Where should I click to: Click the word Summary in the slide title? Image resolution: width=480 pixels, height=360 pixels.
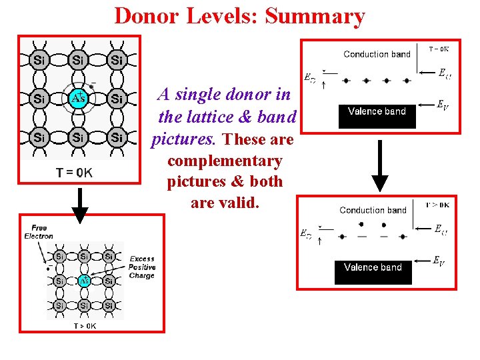click(315, 15)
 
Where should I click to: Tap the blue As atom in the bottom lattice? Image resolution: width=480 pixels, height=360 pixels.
click(85, 281)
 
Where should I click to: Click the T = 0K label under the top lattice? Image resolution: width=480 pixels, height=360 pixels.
click(75, 173)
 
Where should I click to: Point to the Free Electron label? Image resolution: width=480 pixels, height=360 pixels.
click(39, 232)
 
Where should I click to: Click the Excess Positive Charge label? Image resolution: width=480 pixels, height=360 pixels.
click(141, 267)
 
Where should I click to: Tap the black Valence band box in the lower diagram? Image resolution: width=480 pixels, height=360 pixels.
click(373, 271)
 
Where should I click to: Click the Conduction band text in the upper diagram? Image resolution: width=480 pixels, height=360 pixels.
click(377, 54)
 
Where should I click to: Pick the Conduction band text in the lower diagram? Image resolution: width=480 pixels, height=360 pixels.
click(373, 210)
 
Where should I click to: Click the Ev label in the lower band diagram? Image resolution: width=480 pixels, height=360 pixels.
click(438, 261)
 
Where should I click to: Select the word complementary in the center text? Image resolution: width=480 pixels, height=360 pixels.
click(225, 161)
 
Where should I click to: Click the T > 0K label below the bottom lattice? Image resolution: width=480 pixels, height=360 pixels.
click(85, 326)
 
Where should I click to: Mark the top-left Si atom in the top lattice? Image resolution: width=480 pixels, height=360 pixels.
click(39, 61)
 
